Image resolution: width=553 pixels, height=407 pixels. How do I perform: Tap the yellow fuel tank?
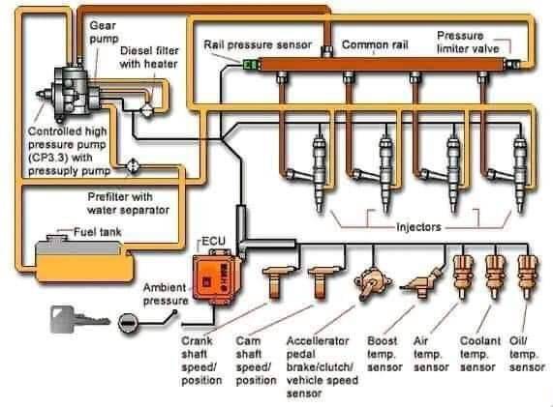[x=84, y=259]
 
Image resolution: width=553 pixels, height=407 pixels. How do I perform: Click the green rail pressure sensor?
[x=251, y=65]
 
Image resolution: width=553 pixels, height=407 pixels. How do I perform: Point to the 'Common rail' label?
[x=375, y=44]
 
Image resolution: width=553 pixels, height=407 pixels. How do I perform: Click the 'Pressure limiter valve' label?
[x=468, y=42]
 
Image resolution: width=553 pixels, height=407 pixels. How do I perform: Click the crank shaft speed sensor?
[x=278, y=281]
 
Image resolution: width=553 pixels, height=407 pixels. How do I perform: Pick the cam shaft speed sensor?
[x=322, y=281]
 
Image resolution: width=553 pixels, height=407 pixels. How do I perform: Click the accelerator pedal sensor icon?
[x=373, y=283]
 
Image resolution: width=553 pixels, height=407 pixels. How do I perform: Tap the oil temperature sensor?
[x=528, y=276]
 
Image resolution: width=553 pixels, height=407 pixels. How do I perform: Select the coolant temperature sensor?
[x=495, y=276]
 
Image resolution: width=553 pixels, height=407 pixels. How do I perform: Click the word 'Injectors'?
[x=418, y=227]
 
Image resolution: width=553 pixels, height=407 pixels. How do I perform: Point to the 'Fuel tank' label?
[x=98, y=232]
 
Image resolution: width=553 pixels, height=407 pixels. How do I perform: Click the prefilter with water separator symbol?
[x=133, y=165]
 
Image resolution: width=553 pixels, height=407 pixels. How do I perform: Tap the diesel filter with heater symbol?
[x=146, y=110]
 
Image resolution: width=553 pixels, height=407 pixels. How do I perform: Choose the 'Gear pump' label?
[x=104, y=32]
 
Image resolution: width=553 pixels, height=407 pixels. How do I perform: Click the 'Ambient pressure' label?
[x=165, y=294]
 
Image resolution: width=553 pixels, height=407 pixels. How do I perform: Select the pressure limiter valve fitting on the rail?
[x=511, y=65]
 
